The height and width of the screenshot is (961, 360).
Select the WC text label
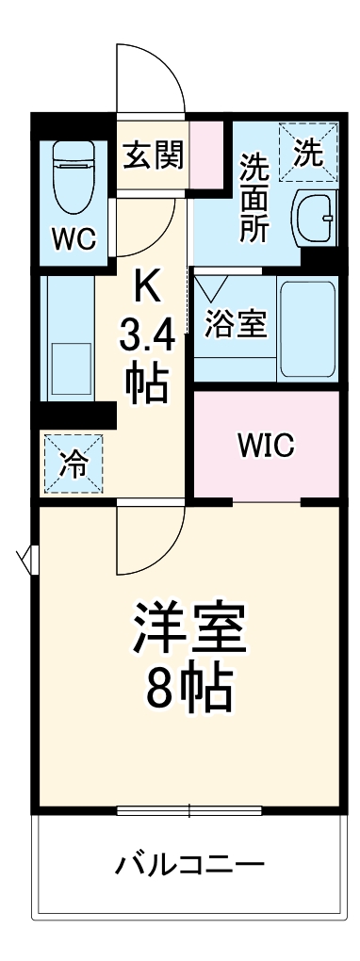click(x=74, y=239)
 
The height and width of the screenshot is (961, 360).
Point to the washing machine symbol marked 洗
click(x=307, y=151)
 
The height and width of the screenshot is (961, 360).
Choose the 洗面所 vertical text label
click(x=253, y=197)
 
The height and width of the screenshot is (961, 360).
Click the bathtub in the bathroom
click(x=308, y=326)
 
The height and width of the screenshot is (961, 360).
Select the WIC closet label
click(x=266, y=445)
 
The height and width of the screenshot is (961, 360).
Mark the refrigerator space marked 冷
click(x=69, y=461)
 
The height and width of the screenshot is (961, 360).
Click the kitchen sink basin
click(x=71, y=368)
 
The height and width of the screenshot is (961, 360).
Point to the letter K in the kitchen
click(x=147, y=286)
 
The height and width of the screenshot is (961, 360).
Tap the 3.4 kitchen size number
click(x=147, y=334)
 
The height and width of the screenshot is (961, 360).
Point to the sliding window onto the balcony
click(x=189, y=809)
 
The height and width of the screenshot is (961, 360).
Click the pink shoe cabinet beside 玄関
click(x=206, y=155)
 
